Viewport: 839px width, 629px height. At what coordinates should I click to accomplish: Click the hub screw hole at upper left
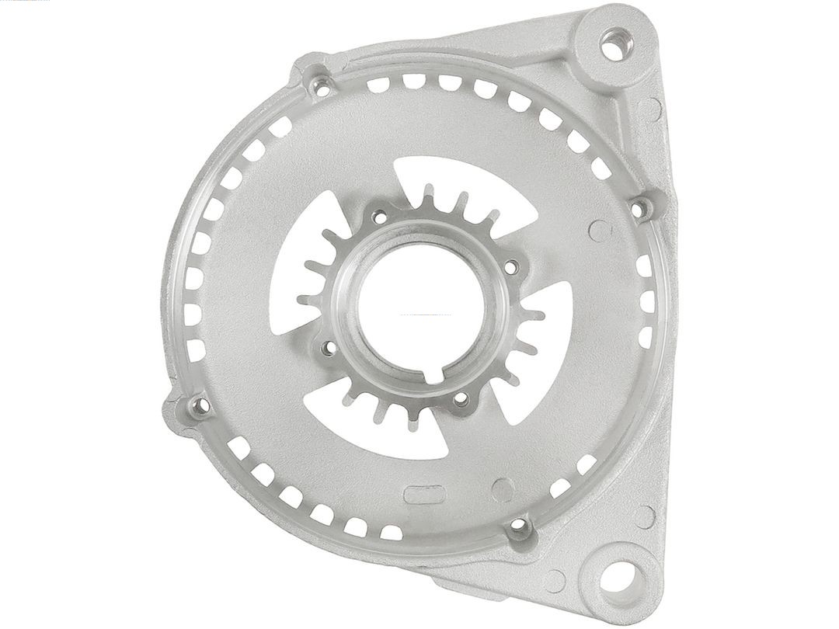pos(378,217)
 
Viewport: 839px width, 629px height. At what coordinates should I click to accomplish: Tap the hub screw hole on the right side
pos(510,267)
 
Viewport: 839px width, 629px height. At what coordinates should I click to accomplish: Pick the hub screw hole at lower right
pos(460,399)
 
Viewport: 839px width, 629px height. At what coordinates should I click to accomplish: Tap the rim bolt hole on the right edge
pos(638,207)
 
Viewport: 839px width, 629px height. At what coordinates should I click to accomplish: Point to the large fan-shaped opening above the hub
pos(458,182)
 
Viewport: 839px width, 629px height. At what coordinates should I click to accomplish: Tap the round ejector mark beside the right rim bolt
pos(599,230)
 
